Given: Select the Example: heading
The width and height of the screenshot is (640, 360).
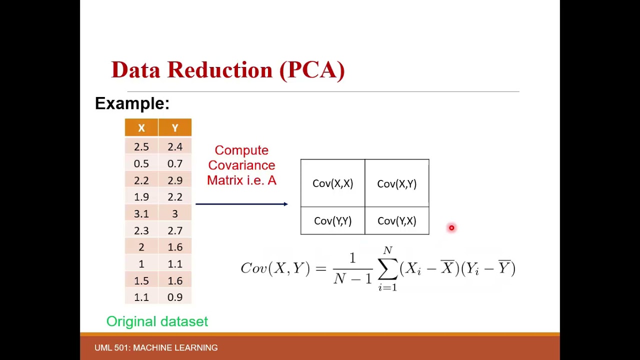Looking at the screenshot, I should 132,103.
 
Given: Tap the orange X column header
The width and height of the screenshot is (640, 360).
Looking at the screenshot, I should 141,128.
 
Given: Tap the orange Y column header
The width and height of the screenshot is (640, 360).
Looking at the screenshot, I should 175,128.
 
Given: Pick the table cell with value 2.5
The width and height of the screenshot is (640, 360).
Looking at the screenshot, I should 141,147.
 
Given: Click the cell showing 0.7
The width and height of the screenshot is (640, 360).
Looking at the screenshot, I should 175,163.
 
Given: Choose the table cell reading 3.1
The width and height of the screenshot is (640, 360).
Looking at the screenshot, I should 141,214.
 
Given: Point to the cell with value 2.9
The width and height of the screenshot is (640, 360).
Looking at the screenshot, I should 175,180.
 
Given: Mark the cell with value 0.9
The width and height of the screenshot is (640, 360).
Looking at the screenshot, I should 175,297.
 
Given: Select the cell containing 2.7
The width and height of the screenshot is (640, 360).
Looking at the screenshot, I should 175,230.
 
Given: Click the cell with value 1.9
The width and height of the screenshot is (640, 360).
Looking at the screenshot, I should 141,197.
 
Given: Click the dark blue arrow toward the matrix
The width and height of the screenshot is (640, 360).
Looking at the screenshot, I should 241,204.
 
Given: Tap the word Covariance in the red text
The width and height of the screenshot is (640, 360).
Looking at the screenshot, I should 241,165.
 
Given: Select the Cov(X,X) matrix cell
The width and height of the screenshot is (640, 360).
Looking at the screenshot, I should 332,183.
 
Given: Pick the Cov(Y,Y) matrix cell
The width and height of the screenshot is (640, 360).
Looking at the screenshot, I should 332,221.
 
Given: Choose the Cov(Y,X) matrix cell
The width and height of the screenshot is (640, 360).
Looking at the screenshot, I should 396,221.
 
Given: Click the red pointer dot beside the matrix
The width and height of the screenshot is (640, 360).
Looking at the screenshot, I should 451,228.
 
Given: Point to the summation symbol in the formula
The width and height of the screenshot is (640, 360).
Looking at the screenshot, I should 387,269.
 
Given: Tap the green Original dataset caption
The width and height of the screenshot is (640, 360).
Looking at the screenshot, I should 157,321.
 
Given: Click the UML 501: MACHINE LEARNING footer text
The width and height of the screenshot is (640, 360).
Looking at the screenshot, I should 156,347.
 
